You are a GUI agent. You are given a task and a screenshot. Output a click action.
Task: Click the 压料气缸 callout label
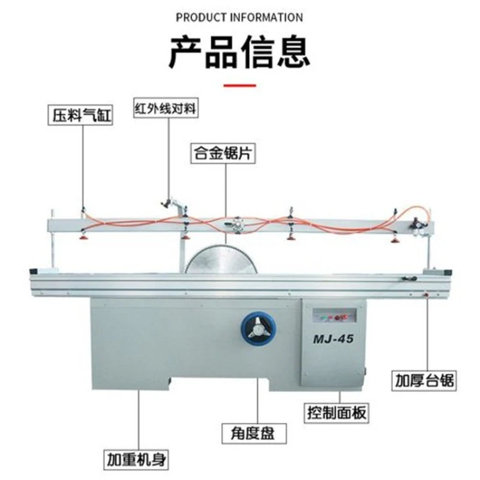[x=80, y=115]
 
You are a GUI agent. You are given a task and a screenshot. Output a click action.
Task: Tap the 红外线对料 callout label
[x=166, y=108]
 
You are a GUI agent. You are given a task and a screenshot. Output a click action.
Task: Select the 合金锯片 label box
[x=223, y=153]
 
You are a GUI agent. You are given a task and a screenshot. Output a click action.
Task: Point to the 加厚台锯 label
[x=424, y=381]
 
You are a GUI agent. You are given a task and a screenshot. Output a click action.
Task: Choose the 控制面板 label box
[x=337, y=413]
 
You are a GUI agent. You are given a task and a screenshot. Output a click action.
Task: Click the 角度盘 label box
[x=254, y=433]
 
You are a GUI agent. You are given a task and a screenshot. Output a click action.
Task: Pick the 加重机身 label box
[x=136, y=459]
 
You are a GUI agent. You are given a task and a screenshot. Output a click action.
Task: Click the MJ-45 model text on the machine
[x=333, y=339]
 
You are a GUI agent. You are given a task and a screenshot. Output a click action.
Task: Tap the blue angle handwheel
[x=259, y=328]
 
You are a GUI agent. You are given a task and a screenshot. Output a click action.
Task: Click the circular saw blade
[x=223, y=259]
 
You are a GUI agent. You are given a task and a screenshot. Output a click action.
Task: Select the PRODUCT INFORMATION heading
[x=239, y=17]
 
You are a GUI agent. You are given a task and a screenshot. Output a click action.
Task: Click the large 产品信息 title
[x=239, y=52]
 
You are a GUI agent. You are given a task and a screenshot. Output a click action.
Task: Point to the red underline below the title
[x=239, y=85]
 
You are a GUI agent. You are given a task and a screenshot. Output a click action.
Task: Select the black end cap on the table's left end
[x=34, y=272]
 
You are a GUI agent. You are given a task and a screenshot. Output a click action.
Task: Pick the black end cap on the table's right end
[x=448, y=272]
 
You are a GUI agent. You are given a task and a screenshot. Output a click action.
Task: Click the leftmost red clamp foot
[x=83, y=237]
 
